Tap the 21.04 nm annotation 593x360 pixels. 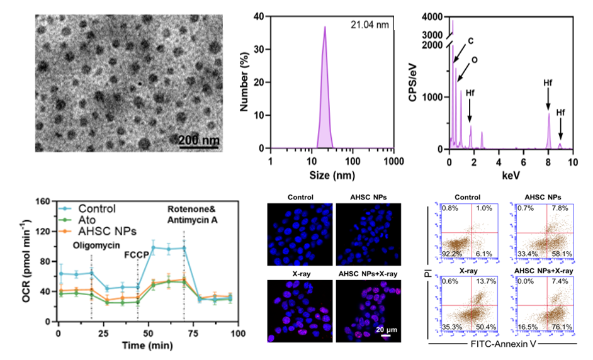[x=370, y=25]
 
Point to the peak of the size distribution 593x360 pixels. [x=325, y=27]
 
